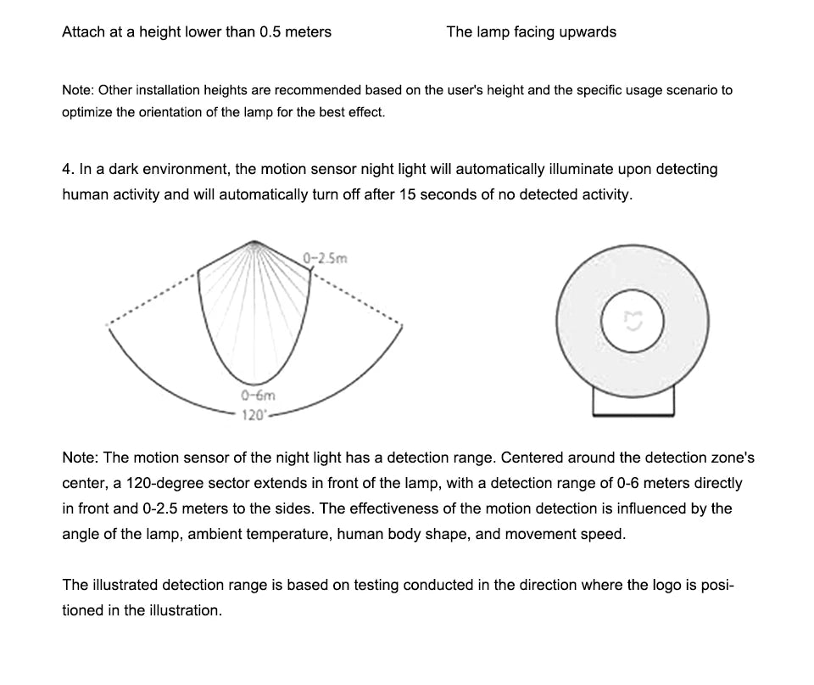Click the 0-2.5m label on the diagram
point(326,257)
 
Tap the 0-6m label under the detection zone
point(258,396)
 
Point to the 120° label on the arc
point(254,415)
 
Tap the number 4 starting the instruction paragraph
point(67,169)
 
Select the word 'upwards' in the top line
point(588,32)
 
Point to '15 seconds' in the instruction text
point(439,194)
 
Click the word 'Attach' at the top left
point(83,32)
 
